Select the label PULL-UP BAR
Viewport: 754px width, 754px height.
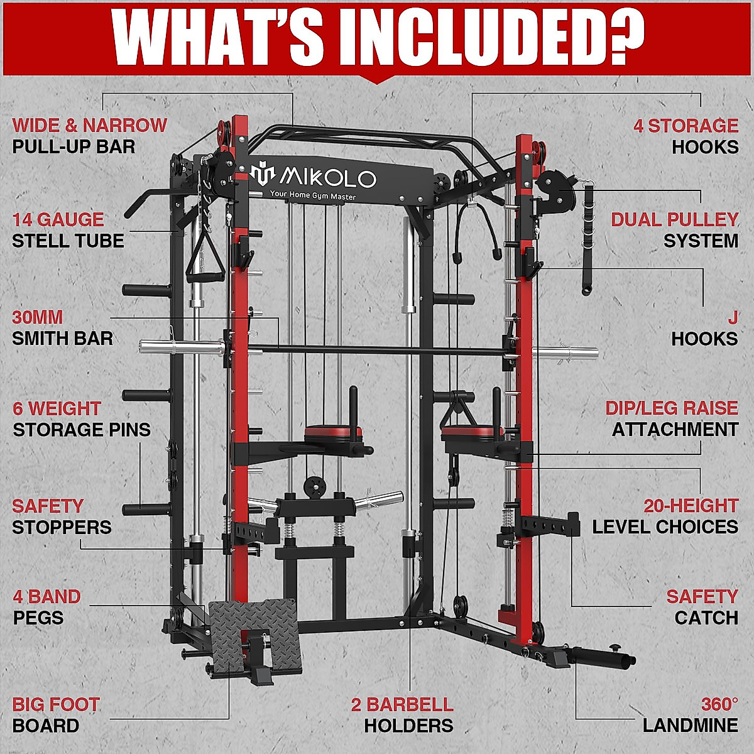74,147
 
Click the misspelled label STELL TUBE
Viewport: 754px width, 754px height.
68,241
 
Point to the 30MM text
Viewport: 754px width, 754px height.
37,317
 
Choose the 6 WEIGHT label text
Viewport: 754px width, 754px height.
57,408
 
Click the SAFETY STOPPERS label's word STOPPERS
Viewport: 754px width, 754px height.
62,527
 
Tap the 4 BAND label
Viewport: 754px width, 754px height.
46,596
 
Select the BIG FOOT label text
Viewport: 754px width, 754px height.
56,704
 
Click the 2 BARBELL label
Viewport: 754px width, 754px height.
402,704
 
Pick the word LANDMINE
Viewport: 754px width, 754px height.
690,726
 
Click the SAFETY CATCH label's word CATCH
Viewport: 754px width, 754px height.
706,618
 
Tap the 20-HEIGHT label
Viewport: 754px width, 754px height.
691,506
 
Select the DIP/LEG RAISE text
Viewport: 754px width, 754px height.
672,408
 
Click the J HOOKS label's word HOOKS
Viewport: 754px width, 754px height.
704,339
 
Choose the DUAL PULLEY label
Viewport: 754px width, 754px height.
675,219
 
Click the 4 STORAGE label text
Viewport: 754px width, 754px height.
686,126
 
